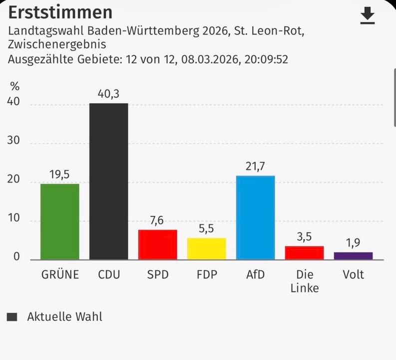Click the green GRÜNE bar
coord(59,221)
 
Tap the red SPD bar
coord(157,244)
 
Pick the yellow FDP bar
coord(206,248)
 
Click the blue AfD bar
coord(255,217)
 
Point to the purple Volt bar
coord(353,256)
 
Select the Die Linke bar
coord(304,252)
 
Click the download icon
coord(368,16)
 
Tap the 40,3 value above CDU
coord(108,93)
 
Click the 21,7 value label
coord(255,166)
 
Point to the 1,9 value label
coord(353,243)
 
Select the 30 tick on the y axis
coord(13,141)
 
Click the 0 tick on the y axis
coord(16,257)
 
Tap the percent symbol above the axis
coord(14,85)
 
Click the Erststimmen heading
coord(60,12)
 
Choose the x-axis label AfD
coord(255,275)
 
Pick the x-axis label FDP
coord(206,275)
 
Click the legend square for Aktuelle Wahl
coord(12,316)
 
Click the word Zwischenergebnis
coord(57,45)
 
